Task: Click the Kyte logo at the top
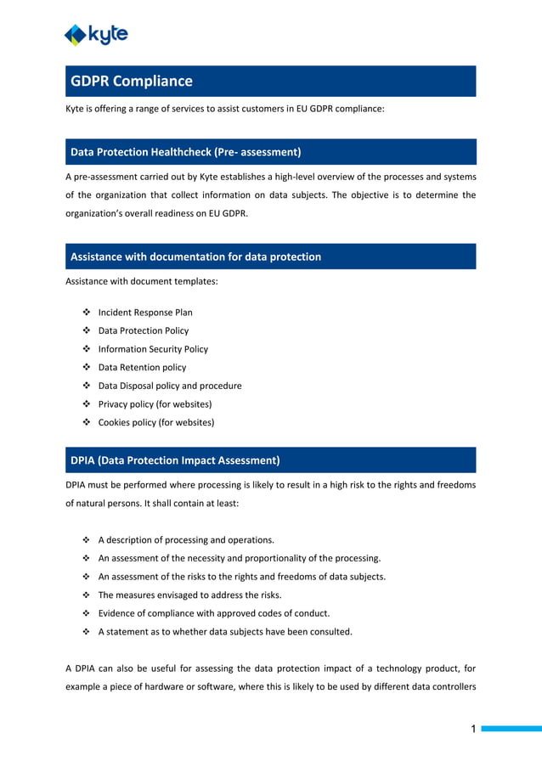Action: [x=96, y=34]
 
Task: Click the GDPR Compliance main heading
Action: [x=132, y=82]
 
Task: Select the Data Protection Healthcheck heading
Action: [x=185, y=152]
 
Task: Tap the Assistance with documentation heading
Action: [x=195, y=257]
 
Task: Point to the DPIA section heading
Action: [x=175, y=460]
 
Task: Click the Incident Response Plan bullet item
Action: [x=145, y=313]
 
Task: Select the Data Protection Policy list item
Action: [x=144, y=330]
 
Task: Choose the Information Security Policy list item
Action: [x=153, y=349]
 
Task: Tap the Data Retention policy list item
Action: [x=142, y=368]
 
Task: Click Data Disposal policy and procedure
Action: [x=170, y=386]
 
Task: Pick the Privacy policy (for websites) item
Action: [x=155, y=404]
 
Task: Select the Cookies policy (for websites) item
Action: [x=156, y=422]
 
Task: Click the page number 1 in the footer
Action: [x=474, y=729]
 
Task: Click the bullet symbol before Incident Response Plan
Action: [x=87, y=313]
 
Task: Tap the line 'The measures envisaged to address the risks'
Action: [x=189, y=595]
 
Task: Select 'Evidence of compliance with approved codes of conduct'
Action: [x=213, y=613]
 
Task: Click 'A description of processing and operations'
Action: [x=186, y=540]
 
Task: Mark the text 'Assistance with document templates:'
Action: [x=142, y=280]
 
